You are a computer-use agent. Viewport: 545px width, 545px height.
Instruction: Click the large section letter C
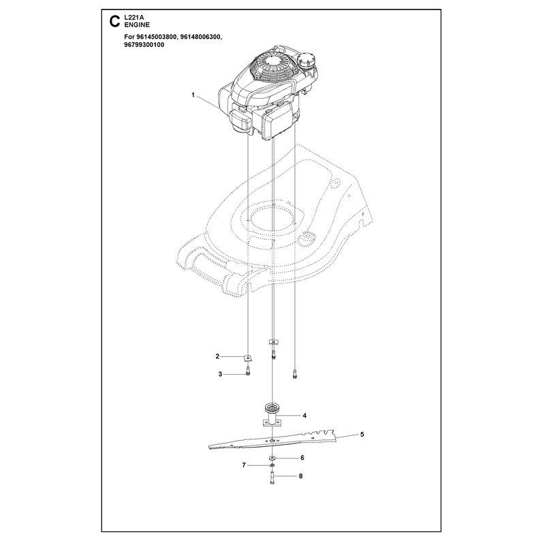click(x=114, y=21)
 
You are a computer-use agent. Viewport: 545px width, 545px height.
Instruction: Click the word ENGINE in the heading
click(x=137, y=25)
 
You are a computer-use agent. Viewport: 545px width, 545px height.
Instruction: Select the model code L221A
click(x=134, y=18)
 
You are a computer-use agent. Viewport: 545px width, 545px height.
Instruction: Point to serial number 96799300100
click(x=144, y=45)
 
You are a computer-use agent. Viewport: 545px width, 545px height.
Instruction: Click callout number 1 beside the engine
click(x=193, y=95)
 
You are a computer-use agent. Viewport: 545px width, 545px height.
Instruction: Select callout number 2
click(x=217, y=356)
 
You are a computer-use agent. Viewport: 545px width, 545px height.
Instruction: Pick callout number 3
click(x=220, y=374)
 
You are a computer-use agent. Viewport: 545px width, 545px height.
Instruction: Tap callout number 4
click(x=305, y=416)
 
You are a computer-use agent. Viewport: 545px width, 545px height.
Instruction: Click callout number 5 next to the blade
click(x=362, y=435)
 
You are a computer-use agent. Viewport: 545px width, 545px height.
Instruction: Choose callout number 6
click(x=302, y=458)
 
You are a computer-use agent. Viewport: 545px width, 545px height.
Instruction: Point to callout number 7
click(x=244, y=465)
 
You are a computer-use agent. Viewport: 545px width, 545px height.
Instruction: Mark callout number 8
click(x=300, y=476)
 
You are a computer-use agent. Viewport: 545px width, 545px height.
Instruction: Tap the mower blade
click(x=272, y=439)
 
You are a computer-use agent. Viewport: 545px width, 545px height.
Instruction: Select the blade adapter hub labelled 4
click(x=272, y=416)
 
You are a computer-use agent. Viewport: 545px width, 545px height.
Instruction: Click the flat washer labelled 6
click(x=272, y=458)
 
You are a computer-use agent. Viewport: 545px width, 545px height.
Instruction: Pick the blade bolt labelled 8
click(x=272, y=478)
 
